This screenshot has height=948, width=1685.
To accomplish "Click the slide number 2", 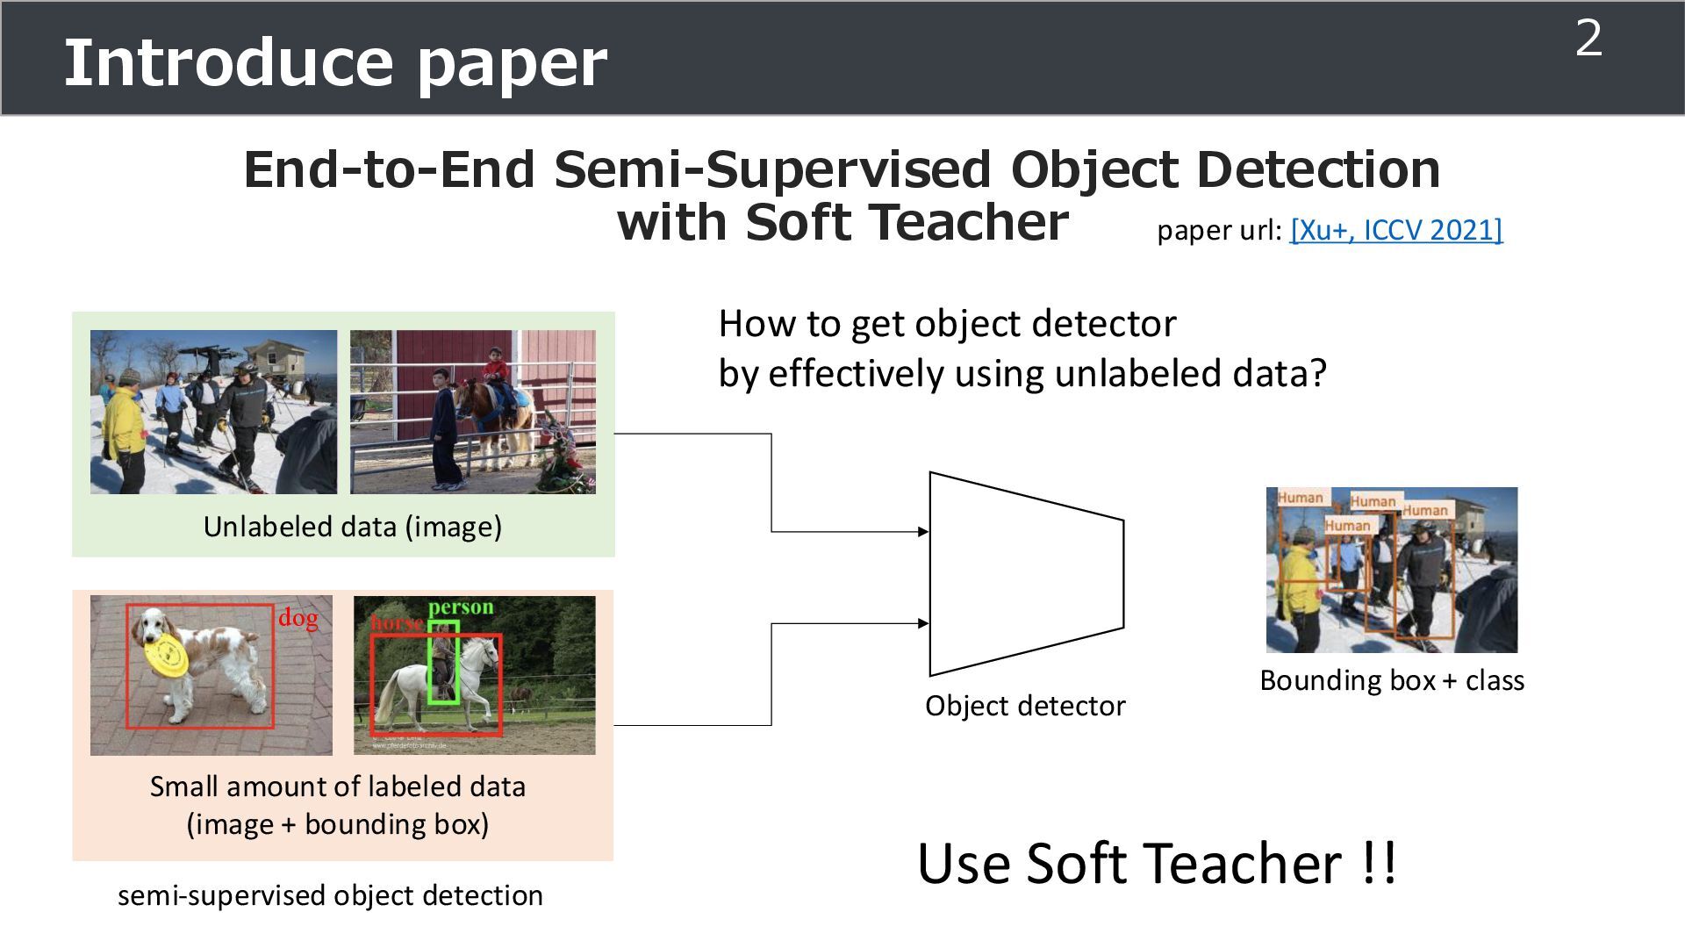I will [1588, 39].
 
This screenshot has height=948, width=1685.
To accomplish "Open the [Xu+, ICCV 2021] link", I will [1396, 230].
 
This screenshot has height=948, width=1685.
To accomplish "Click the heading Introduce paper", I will [335, 63].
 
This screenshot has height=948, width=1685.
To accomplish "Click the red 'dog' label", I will [298, 618].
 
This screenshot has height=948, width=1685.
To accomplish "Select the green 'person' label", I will [461, 607].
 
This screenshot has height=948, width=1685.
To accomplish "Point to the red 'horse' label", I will [397, 623].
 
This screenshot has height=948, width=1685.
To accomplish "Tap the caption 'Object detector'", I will [1025, 706].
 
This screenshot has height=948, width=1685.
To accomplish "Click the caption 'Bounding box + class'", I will [1392, 680].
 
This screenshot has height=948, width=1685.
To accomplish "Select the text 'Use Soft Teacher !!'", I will [1157, 864].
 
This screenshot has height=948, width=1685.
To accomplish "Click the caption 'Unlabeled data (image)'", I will [353, 527].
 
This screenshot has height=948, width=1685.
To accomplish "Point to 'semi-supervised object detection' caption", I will [330, 895].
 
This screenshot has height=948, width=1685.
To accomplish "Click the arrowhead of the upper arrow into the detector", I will [923, 531].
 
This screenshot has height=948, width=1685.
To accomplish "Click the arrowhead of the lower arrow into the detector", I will [923, 623].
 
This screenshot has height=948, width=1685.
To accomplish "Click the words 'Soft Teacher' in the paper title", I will [907, 222].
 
